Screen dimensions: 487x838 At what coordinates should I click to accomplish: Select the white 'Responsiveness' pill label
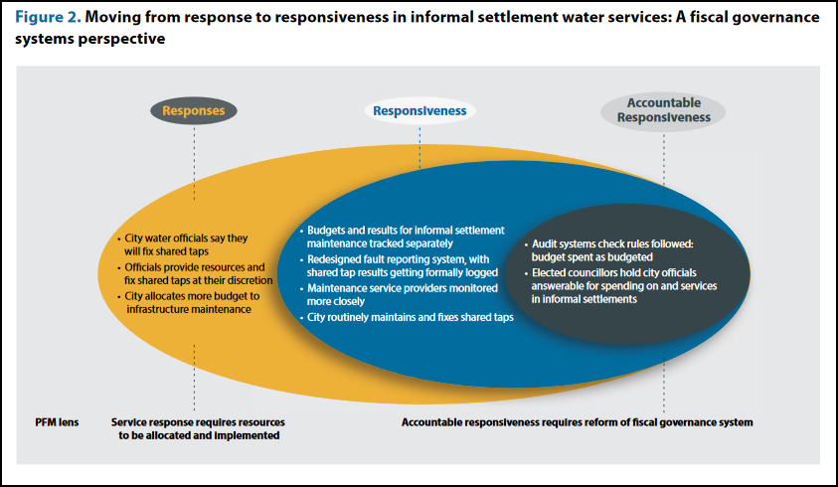coord(419,111)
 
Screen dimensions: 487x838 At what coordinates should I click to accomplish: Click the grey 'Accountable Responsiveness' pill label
coord(664,109)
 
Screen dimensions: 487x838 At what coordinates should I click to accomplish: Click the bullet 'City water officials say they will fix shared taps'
coord(185,245)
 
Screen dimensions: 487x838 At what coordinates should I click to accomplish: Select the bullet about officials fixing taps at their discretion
coord(188,274)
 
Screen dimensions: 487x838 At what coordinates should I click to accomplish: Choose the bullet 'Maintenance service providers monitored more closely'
coord(403,294)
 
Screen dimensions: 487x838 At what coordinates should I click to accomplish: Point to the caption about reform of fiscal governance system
coord(577,421)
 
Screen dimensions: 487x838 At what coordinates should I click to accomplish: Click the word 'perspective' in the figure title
coord(125,40)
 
